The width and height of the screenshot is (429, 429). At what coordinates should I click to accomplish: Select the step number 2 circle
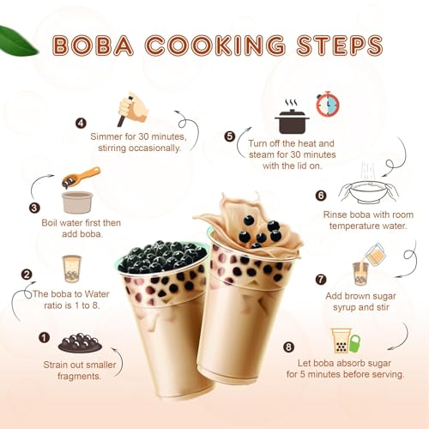[x=27, y=275]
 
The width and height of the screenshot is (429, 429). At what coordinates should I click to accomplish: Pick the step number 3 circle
[x=34, y=208]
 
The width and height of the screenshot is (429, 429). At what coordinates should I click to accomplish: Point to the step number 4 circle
[x=81, y=123]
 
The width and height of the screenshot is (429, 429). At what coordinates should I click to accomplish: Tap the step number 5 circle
[x=229, y=136]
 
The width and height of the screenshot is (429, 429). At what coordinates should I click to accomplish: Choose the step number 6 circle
[x=321, y=196]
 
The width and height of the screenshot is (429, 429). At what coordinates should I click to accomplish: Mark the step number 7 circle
[x=321, y=279]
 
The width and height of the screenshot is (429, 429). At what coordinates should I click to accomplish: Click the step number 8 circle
[x=288, y=347]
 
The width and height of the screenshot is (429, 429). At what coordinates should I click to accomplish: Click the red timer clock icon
[x=327, y=105]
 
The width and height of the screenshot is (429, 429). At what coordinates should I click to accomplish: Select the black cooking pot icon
[x=292, y=118]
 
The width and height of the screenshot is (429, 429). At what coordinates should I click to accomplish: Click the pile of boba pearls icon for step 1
[x=79, y=342]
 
